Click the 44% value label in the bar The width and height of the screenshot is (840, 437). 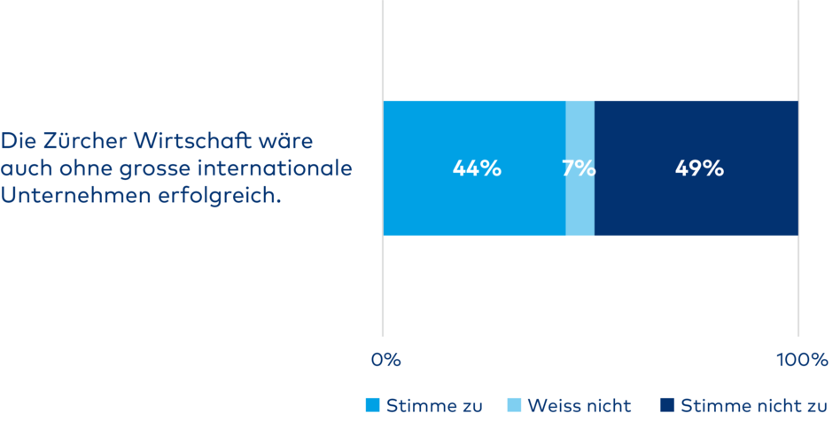[x=477, y=168]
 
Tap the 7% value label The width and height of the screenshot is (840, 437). [x=579, y=168]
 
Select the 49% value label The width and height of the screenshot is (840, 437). [x=699, y=168]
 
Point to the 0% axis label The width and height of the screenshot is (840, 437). [x=386, y=360]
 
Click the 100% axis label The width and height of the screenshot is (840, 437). [x=802, y=360]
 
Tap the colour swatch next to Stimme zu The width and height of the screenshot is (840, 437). [x=373, y=406]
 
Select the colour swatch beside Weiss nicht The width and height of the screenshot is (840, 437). [x=514, y=406]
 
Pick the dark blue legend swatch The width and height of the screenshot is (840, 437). [x=667, y=406]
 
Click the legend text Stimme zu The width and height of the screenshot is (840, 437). [x=434, y=406]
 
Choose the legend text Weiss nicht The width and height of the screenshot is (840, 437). [x=579, y=406]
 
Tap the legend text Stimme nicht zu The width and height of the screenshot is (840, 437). [x=753, y=406]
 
